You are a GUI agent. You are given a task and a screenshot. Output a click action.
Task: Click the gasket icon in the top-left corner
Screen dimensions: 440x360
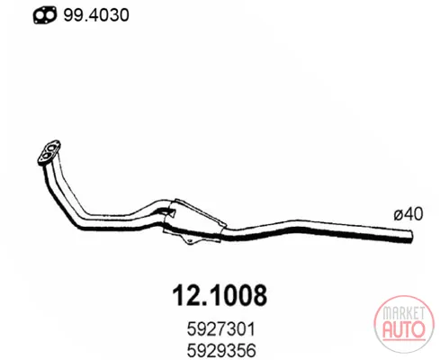tap(45, 15)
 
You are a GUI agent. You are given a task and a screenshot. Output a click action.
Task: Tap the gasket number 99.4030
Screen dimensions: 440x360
tap(96, 15)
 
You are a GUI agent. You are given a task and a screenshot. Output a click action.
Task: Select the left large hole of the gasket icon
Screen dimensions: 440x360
tap(40, 16)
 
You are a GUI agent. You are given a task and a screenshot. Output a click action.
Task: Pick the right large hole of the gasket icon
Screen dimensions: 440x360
tap(50, 14)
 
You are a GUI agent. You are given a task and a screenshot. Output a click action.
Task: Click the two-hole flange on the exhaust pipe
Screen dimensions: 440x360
tap(49, 153)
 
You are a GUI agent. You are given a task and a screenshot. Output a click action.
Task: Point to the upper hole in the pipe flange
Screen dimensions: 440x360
tap(52, 148)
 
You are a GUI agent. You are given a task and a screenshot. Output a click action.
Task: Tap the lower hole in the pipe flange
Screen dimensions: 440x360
tap(46, 157)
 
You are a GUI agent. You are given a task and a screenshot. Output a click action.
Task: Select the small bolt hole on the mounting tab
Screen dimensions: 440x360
tap(190, 241)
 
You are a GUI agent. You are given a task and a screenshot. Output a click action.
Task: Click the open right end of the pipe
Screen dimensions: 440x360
tap(411, 236)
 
